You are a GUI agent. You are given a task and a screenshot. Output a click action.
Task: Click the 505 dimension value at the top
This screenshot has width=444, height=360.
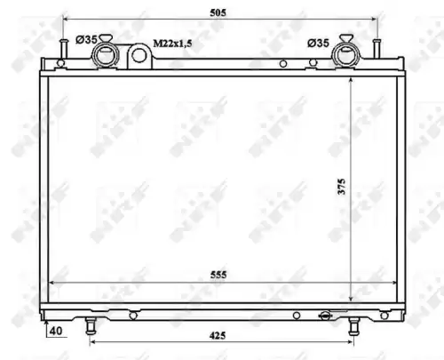tap(218, 12)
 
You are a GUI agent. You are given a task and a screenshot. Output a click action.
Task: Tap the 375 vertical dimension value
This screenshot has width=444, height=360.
tap(342, 187)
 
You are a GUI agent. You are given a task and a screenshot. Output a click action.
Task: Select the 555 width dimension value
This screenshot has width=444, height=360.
tap(218, 275)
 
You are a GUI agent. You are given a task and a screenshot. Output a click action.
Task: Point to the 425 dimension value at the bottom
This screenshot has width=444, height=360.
tap(218, 336)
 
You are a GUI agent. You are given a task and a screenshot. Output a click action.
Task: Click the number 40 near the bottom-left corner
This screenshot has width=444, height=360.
tap(56, 331)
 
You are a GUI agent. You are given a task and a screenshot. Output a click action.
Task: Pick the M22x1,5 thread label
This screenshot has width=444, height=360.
tap(172, 44)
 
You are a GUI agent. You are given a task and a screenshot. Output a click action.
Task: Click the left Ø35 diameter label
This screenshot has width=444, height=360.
tap(86, 39)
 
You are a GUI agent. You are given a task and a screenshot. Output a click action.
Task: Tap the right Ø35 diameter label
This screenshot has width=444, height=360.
tap(318, 44)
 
